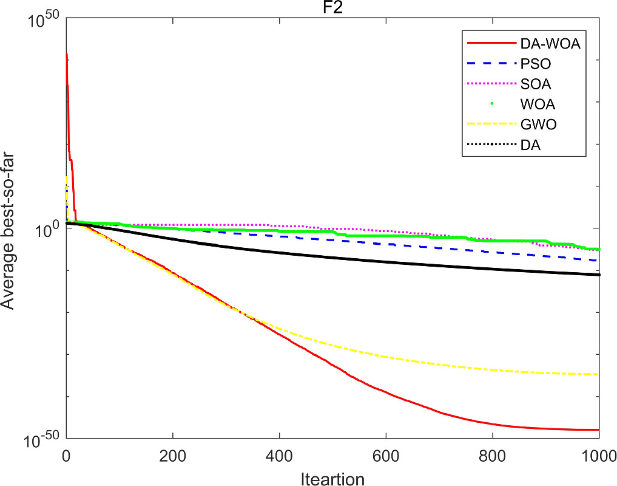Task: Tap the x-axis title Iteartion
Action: [x=332, y=479]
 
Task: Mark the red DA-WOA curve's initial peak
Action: [x=67, y=54]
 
